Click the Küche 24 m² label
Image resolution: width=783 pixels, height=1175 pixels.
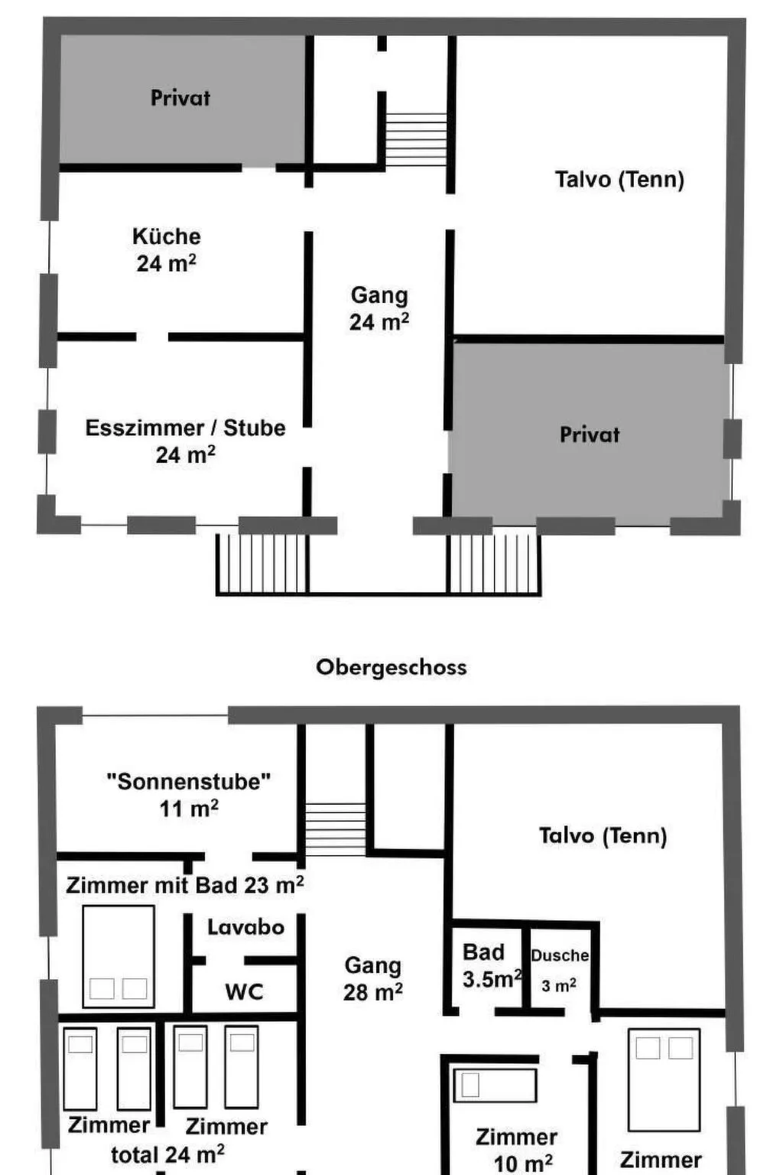click(x=166, y=249)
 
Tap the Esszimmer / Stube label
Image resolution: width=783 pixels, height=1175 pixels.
click(x=186, y=428)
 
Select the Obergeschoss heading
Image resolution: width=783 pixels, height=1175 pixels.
click(x=391, y=667)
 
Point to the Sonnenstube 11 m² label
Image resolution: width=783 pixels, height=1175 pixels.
click(x=189, y=795)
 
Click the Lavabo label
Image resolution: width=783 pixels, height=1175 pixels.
click(x=246, y=927)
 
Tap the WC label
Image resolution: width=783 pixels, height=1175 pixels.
click(x=244, y=991)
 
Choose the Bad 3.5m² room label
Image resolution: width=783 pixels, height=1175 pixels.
click(x=492, y=965)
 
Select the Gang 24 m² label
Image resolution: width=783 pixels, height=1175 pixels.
click(x=379, y=308)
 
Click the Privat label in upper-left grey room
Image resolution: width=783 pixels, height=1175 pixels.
click(x=180, y=98)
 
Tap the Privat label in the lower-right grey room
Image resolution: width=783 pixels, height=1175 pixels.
click(x=590, y=435)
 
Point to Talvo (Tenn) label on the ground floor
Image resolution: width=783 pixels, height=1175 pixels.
click(x=620, y=180)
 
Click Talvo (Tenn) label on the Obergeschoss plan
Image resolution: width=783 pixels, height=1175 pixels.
click(x=603, y=835)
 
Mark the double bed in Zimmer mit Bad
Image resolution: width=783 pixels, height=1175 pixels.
click(x=119, y=956)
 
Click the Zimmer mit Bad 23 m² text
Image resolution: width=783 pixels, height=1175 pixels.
click(x=184, y=886)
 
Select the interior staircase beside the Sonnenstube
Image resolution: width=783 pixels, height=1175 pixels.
click(x=336, y=828)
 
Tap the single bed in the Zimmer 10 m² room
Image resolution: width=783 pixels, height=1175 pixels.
click(x=495, y=1085)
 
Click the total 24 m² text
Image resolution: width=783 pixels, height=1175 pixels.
click(x=167, y=1154)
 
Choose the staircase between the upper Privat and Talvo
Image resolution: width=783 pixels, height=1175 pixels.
click(x=417, y=139)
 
